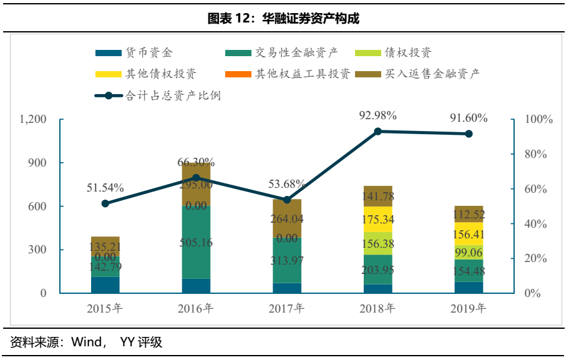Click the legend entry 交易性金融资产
tap(293, 54)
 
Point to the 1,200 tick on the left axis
tap(34, 119)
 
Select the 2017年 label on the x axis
tap(286, 308)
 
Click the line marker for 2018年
tap(377, 132)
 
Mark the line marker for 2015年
tap(105, 203)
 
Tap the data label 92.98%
tap(377, 115)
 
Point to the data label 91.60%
tap(469, 118)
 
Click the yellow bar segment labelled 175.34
tap(377, 220)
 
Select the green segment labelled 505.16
tap(196, 242)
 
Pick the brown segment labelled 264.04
tap(286, 218)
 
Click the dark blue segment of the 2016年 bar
tap(196, 286)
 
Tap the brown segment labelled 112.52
tap(469, 214)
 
